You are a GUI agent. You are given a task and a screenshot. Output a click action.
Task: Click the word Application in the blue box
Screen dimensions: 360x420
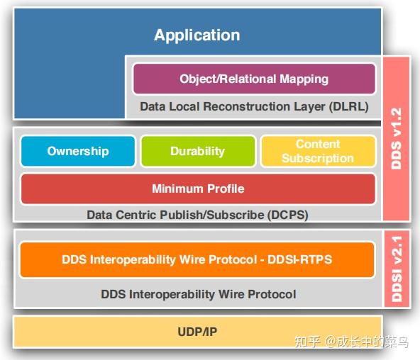point(197,35)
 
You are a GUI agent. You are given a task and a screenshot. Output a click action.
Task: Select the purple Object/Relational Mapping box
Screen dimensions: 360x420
point(254,79)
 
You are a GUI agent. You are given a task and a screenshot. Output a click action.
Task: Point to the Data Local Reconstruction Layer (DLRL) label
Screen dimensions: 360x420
point(254,106)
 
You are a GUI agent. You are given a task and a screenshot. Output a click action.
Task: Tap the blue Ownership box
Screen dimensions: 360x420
point(78,151)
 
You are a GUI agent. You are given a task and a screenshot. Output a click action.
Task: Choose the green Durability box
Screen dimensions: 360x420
point(197,151)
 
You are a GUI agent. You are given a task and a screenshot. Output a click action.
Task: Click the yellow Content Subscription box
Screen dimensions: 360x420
point(318,151)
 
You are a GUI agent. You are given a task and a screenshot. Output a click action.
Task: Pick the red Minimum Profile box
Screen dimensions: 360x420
point(197,189)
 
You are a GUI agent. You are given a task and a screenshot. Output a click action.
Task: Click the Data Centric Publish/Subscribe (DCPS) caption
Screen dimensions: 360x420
point(197,214)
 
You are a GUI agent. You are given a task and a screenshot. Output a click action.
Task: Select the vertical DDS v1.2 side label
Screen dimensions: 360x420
point(396,138)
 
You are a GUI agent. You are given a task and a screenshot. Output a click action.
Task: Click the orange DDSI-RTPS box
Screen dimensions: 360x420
point(197,259)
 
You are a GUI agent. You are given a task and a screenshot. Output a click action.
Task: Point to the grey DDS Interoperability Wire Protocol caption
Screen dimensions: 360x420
point(197,293)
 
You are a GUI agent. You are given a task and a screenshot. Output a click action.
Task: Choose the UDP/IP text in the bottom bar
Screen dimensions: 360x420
point(197,332)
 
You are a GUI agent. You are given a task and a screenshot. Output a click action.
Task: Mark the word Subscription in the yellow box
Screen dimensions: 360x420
point(318,158)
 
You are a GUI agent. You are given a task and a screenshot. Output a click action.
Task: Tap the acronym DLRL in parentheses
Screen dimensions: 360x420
point(349,106)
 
